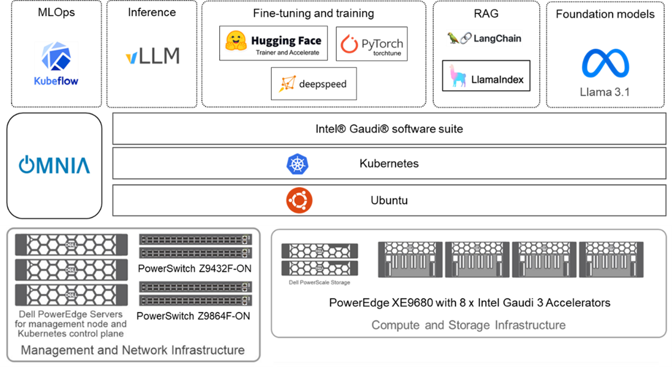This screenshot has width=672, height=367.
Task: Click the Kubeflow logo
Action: [x=56, y=63]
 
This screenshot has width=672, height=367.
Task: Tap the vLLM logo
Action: [x=152, y=56]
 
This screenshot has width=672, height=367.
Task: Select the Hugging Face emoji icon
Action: [x=236, y=41]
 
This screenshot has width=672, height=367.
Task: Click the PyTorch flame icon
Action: [x=349, y=44]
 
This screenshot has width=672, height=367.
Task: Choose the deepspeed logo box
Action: [x=313, y=84]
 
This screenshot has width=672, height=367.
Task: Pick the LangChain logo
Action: [x=484, y=38]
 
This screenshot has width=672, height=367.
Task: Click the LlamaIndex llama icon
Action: [x=459, y=76]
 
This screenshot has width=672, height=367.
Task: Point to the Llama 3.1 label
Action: [x=605, y=92]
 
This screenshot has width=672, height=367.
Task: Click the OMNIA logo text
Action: [x=55, y=165]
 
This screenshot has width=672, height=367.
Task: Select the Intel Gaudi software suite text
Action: [x=389, y=129]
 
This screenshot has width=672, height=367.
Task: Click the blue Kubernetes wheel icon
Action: [x=298, y=164]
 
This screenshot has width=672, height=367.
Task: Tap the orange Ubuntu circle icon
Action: [x=299, y=200]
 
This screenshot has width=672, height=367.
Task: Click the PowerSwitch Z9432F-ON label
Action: [x=194, y=269]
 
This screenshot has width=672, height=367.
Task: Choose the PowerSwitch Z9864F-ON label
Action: [x=193, y=316]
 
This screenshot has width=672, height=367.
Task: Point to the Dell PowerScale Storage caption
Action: [x=319, y=282]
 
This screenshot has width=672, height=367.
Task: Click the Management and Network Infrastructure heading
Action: [x=133, y=350]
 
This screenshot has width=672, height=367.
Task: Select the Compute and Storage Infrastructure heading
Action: [x=468, y=325]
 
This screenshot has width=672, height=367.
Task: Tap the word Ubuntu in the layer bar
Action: [x=389, y=200]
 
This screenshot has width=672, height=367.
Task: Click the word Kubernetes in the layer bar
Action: [x=389, y=164]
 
